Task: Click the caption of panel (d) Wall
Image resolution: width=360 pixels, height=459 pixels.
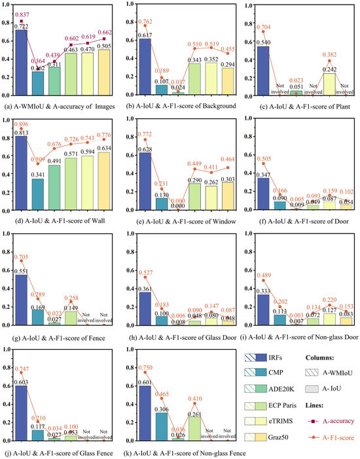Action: [x=60, y=217]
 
